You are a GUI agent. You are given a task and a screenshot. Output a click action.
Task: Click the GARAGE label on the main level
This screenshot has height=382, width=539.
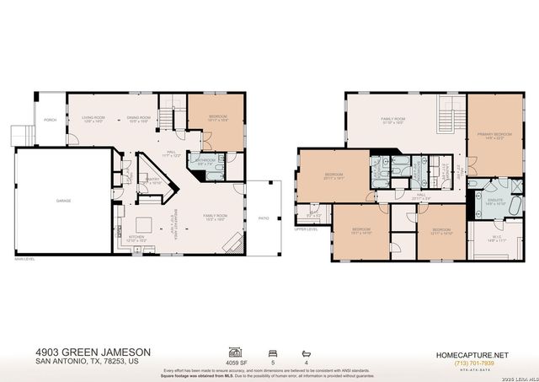(x=63, y=201)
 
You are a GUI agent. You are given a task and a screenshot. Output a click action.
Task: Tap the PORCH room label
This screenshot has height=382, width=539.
(x=51, y=120)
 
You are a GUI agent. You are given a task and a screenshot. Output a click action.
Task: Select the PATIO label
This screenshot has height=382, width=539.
(x=264, y=217)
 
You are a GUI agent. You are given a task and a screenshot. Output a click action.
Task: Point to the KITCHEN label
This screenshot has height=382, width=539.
(x=136, y=238)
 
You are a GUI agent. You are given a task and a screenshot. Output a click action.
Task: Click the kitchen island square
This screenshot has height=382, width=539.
(x=145, y=223)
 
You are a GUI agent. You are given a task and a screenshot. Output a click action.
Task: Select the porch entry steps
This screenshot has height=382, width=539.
(x=19, y=135)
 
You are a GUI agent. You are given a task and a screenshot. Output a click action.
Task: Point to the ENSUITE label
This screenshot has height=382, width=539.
(x=495, y=201)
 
